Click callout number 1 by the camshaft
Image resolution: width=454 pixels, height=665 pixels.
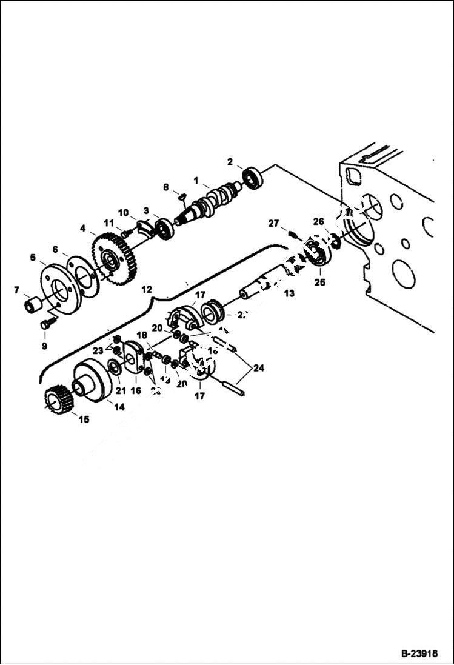(x=196, y=180)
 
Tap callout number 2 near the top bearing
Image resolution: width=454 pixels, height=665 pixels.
(x=230, y=162)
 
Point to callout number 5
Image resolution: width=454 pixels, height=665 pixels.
(x=33, y=258)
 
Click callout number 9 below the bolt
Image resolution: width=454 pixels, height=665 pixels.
(x=44, y=347)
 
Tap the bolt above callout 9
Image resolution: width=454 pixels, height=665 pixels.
(x=45, y=325)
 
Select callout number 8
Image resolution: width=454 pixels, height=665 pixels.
(x=166, y=188)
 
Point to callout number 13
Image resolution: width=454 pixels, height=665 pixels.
(x=289, y=293)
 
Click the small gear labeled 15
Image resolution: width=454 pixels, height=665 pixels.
(x=59, y=401)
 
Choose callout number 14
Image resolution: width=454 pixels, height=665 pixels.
(x=119, y=407)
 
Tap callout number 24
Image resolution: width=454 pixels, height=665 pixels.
(x=259, y=367)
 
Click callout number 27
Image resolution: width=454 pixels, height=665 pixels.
(x=274, y=224)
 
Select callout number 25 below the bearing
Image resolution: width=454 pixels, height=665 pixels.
(x=319, y=282)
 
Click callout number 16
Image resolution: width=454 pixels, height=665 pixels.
(x=136, y=391)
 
